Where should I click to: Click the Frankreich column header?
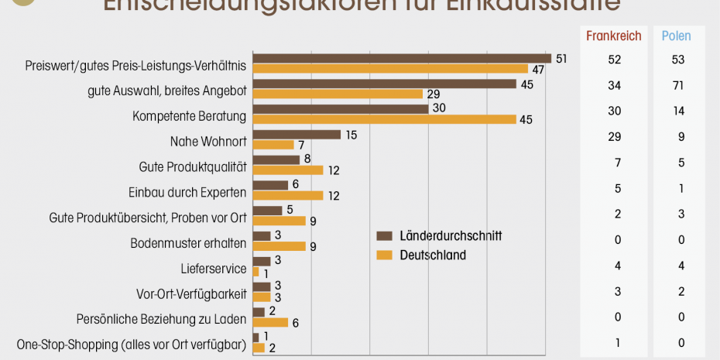point(614,36)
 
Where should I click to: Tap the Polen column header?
point(676,36)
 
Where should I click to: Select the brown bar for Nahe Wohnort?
point(297,135)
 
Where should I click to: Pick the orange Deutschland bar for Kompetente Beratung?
point(384,119)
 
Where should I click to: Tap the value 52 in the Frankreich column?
point(614,60)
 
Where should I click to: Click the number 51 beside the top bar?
point(562,58)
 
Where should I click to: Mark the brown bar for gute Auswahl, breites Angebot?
point(384,84)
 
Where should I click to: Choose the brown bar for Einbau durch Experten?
point(270,185)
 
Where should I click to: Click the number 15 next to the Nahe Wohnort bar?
point(352,135)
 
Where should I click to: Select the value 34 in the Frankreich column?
point(614,84)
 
